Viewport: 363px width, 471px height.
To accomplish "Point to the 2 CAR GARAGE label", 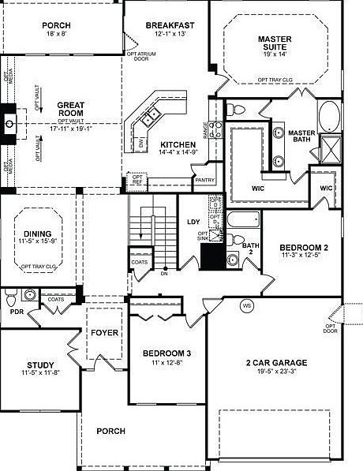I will (x=276, y=363).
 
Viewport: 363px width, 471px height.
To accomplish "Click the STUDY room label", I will (x=40, y=364).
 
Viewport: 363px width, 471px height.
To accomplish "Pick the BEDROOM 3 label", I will (x=167, y=353).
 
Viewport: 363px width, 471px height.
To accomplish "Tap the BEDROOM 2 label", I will (x=303, y=246).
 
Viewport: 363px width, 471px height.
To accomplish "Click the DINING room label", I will (x=37, y=234).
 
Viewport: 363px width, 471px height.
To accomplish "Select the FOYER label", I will (x=104, y=332).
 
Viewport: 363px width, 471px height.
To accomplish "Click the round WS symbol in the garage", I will (x=246, y=305).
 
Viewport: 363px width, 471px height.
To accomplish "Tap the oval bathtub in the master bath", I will (x=328, y=116).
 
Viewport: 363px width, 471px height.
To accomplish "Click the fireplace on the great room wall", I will (x=8, y=122).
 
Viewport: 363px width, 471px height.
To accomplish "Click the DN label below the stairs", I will (x=164, y=274).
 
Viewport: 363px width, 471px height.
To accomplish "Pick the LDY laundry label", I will (x=193, y=222).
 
